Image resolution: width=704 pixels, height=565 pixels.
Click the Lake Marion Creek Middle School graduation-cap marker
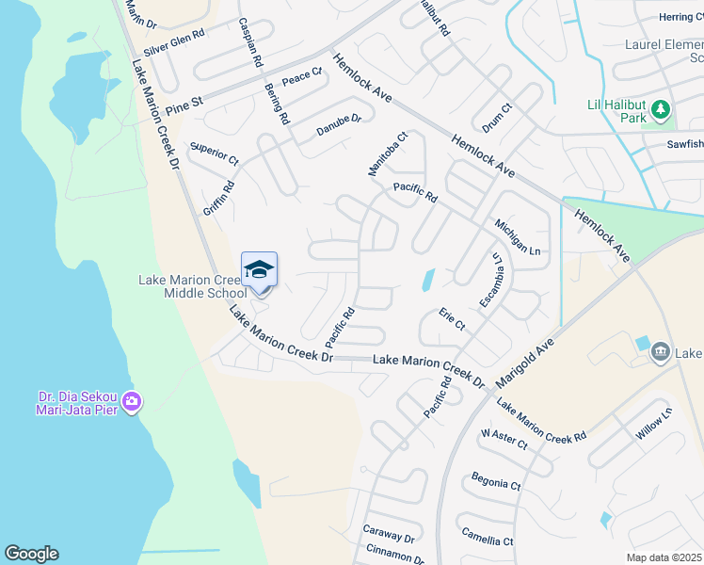pyautogui.click(x=259, y=270)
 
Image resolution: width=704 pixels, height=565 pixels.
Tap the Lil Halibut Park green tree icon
pyautogui.click(x=661, y=110)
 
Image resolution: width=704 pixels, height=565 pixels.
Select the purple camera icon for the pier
pyautogui.click(x=131, y=402)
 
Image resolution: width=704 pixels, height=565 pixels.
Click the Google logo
pyautogui.click(x=31, y=554)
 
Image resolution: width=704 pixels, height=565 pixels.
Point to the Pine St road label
pyautogui.click(x=184, y=105)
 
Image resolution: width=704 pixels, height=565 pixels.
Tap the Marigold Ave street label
pyautogui.click(x=532, y=359)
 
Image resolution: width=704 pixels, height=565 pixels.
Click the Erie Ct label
pyautogui.click(x=452, y=319)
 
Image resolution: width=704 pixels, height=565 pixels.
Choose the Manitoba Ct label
pyautogui.click(x=387, y=153)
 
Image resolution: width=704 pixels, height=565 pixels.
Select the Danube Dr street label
pyautogui.click(x=338, y=125)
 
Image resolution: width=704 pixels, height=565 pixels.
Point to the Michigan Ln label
pyautogui.click(x=518, y=236)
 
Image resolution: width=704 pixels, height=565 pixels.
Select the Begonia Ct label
pyautogui.click(x=496, y=484)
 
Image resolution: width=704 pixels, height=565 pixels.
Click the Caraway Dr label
pyautogui.click(x=389, y=534)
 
